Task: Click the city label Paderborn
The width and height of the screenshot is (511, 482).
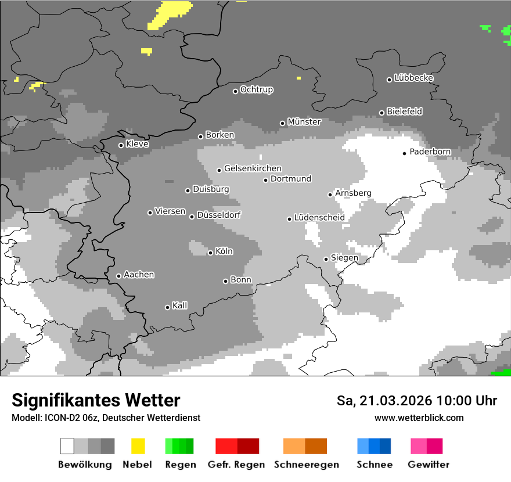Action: (430, 152)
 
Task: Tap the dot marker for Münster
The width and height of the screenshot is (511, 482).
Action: (283, 123)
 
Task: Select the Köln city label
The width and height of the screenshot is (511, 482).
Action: (224, 251)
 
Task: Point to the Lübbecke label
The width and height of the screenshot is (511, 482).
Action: (413, 78)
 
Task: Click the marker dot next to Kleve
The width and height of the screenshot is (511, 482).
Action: (121, 145)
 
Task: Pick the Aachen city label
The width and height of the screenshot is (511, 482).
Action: (139, 274)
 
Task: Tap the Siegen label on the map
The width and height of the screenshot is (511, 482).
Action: (344, 257)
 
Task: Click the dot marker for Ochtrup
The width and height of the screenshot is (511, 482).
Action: (235, 91)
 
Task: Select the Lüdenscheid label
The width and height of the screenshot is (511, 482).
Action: (319, 217)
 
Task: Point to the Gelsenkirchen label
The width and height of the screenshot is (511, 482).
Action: (253, 168)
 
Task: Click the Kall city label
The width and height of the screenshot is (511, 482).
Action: (179, 305)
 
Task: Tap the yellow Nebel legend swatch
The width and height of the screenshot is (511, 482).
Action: (138, 446)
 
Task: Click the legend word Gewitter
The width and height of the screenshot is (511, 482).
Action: (428, 465)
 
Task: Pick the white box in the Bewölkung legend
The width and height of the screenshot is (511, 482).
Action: (67, 446)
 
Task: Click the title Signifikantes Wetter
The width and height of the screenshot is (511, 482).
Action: (96, 400)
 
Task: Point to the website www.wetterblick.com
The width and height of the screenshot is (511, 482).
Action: (419, 418)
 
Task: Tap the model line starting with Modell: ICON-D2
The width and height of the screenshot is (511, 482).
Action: (106, 418)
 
